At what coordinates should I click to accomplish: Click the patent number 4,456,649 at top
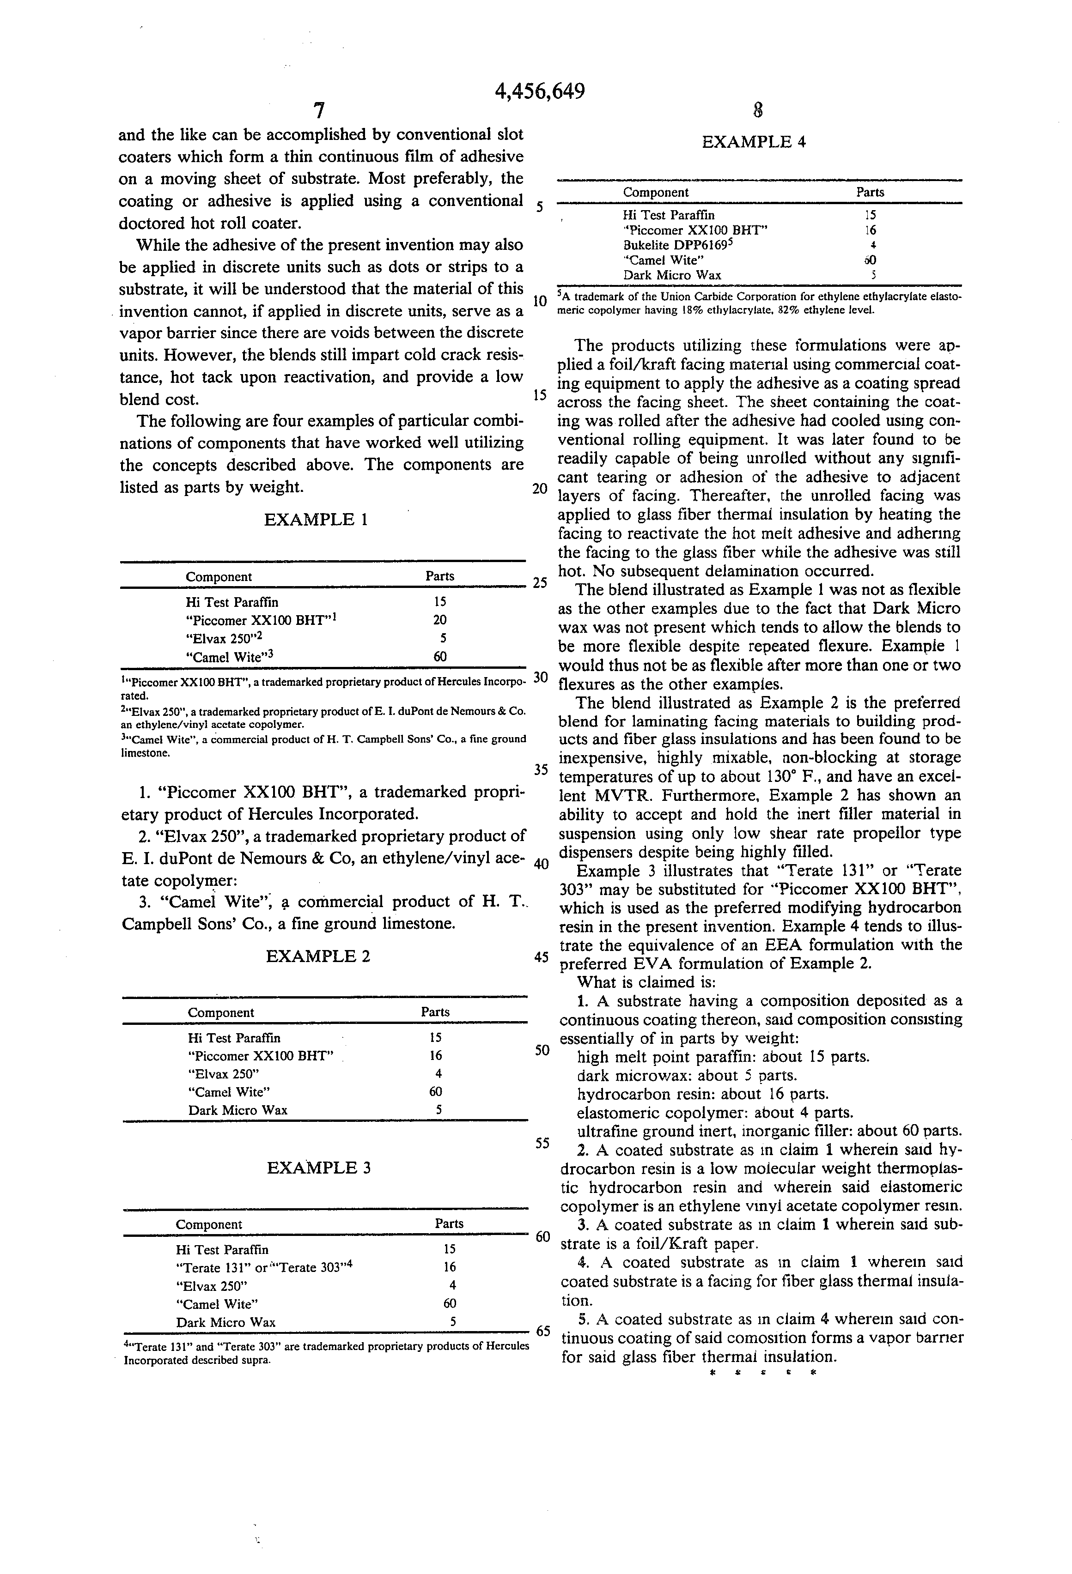pyautogui.click(x=540, y=91)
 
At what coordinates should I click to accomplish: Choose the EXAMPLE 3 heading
pyautogui.click(x=318, y=1168)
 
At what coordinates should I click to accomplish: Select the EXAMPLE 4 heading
pyautogui.click(x=754, y=142)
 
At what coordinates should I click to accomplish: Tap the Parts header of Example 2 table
pyautogui.click(x=435, y=1012)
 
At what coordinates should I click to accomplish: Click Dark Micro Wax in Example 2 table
pyautogui.click(x=238, y=1110)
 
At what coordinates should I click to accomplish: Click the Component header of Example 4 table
pyautogui.click(x=656, y=192)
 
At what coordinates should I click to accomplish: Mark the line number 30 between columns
pyautogui.click(x=540, y=677)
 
